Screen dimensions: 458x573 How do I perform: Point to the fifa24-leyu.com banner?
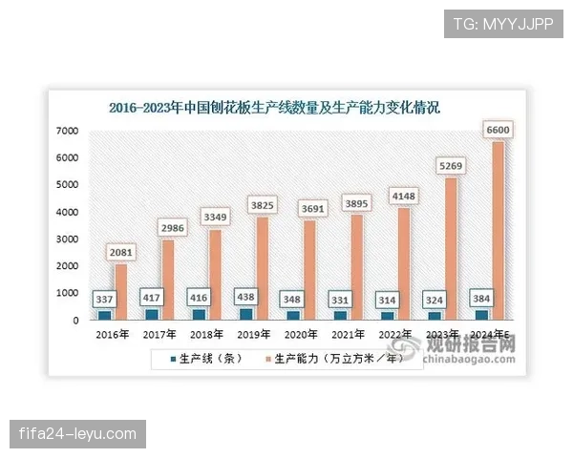(78, 434)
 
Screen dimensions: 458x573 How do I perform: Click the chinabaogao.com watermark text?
(468, 361)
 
